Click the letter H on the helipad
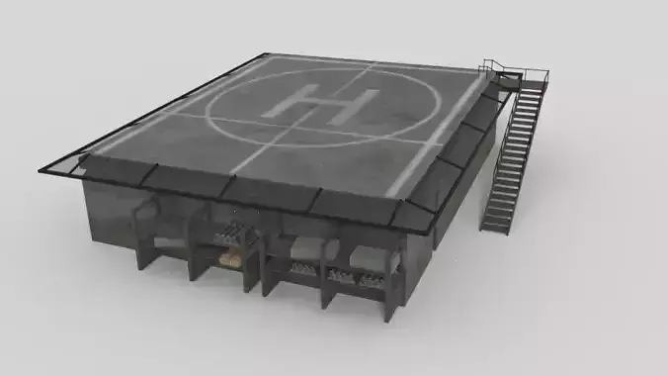(327, 103)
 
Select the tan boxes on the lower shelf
(229, 258)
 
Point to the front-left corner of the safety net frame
(42, 167)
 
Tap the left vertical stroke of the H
(299, 98)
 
